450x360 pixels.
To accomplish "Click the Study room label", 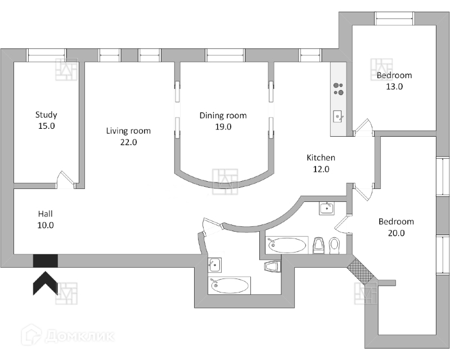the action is [x=46, y=115].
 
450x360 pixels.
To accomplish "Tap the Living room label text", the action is [x=129, y=131].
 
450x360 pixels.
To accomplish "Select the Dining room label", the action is [x=223, y=116].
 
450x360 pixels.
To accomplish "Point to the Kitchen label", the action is [x=321, y=157].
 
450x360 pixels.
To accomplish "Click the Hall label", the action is [x=46, y=214].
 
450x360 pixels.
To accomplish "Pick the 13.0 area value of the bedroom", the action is [x=394, y=87].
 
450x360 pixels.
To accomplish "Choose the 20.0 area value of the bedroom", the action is [x=396, y=233].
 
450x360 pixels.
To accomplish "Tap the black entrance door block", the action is [x=45, y=260].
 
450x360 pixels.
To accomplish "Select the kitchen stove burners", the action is [x=339, y=88].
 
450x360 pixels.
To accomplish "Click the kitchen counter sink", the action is [x=337, y=116].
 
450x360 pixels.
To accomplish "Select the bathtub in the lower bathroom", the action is [x=229, y=285].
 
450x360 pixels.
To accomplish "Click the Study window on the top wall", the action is [x=47, y=55].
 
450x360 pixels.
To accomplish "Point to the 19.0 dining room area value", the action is [x=223, y=127].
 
